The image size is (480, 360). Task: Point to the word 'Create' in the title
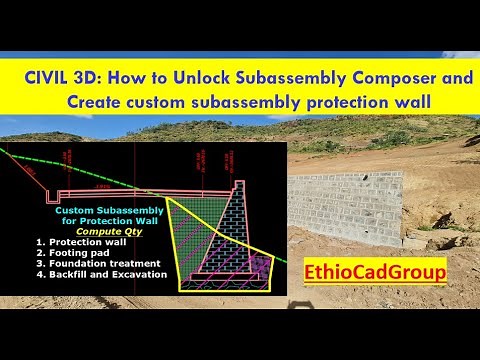(97, 101)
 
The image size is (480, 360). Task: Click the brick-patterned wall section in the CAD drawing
(235, 235)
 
